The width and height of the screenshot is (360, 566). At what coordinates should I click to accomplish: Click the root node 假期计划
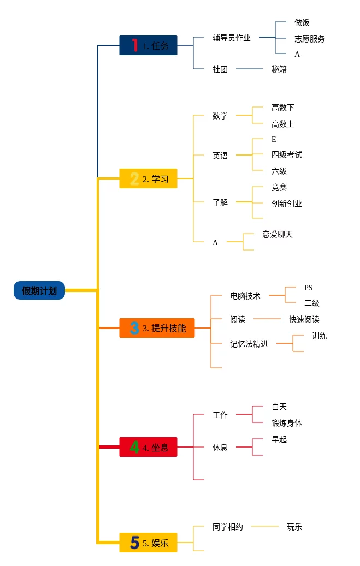39,291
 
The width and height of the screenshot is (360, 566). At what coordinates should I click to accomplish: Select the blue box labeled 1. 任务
148,45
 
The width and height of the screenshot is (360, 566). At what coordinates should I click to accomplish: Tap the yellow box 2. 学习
148,178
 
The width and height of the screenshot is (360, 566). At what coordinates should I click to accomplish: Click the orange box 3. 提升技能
157,328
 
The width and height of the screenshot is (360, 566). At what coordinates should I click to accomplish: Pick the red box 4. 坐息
148,447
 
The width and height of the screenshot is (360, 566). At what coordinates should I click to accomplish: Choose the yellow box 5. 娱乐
148,543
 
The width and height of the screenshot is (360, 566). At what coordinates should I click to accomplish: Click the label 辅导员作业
232,38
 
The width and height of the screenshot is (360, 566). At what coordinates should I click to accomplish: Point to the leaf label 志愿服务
310,39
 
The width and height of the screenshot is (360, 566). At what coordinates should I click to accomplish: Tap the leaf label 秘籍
279,69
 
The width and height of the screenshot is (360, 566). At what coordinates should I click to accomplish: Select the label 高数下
283,108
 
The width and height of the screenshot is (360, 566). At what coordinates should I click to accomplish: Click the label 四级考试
287,154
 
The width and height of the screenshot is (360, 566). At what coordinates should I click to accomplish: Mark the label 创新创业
287,204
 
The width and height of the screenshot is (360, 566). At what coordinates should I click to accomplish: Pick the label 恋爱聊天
278,234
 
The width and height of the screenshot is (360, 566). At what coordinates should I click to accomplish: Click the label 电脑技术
245,296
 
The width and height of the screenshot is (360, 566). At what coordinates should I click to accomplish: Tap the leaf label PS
309,288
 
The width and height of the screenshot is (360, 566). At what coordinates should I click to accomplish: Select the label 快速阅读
304,319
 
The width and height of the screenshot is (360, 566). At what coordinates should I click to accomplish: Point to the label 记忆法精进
249,344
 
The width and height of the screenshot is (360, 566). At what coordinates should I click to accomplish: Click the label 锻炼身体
287,423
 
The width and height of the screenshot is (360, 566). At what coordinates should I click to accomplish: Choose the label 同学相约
228,527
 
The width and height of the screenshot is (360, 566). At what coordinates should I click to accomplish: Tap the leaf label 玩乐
294,527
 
